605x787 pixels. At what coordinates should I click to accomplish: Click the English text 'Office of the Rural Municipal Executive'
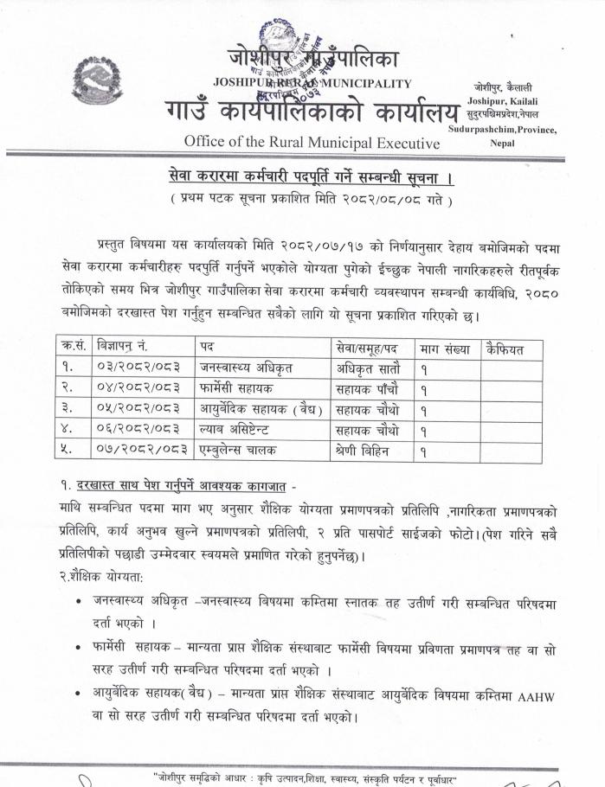tap(312, 142)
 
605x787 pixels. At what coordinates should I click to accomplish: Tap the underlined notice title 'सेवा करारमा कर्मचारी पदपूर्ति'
tap(311, 178)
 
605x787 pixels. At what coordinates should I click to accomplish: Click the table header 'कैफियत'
tap(507, 349)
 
